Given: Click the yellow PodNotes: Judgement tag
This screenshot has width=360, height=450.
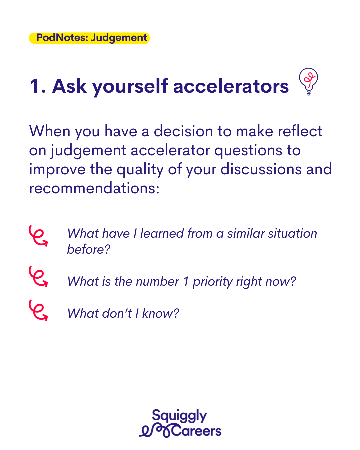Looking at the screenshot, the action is [89, 38].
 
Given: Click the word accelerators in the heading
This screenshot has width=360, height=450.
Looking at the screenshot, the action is [231, 86].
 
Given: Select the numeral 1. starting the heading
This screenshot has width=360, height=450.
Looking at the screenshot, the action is [38, 86].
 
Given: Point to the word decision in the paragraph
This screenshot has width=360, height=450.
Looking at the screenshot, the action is [183, 131].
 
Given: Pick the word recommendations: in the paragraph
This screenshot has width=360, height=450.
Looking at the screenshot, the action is [94, 188].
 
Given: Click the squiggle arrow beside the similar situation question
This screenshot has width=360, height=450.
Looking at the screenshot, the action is [38, 236].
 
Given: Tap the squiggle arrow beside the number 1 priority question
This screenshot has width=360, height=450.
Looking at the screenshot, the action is [38, 276].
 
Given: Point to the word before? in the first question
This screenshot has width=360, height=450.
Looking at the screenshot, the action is [89, 249].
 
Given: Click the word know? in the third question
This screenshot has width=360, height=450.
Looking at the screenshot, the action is [161, 313].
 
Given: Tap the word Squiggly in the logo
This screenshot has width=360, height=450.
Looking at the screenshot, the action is [179, 416].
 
